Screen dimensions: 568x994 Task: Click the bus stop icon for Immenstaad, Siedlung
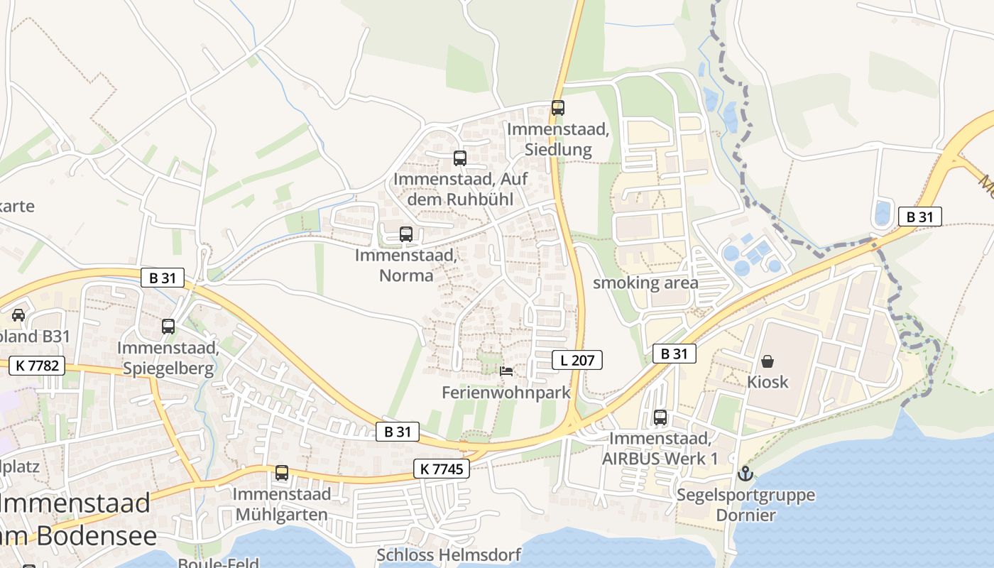(558, 108)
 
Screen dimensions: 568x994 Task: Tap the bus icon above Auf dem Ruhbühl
(460, 158)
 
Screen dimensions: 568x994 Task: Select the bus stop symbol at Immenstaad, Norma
(406, 234)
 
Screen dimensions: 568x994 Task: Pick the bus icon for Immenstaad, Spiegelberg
(168, 327)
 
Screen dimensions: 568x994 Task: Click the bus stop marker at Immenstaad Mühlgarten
(282, 472)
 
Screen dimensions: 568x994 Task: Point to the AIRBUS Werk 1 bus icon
(660, 417)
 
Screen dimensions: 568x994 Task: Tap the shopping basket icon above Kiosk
(768, 361)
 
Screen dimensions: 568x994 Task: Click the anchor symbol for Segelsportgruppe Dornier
(745, 473)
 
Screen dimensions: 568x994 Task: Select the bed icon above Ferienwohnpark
(506, 371)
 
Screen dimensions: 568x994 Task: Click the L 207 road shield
(577, 360)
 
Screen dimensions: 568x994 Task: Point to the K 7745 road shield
(442, 469)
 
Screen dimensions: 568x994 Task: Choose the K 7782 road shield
(37, 366)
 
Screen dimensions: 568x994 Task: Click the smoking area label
(645, 283)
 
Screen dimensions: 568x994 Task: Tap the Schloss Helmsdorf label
(449, 555)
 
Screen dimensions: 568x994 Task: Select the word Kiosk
(768, 382)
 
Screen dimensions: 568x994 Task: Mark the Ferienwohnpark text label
(506, 393)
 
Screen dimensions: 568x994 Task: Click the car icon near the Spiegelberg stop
(18, 315)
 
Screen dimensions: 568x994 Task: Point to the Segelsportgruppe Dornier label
(745, 504)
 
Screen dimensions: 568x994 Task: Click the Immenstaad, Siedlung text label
(558, 139)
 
